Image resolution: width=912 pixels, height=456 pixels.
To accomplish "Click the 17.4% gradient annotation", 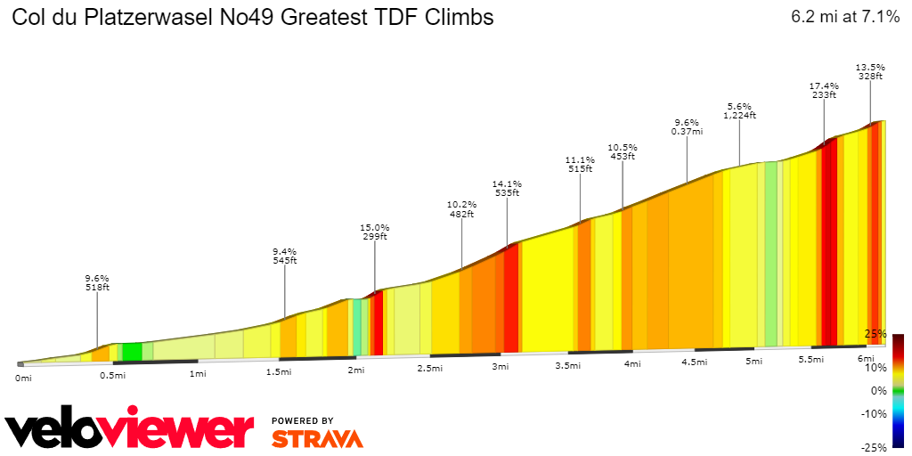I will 823,85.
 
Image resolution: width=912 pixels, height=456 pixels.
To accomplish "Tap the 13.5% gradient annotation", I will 870,67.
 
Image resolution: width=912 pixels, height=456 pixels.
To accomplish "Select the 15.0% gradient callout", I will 374,227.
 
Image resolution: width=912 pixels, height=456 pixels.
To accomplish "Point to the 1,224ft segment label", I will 739,115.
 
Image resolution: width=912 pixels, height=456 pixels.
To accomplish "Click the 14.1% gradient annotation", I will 507,183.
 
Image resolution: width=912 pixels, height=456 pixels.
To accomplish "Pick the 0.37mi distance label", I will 687,132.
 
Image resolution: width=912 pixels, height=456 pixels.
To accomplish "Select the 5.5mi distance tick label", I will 810,359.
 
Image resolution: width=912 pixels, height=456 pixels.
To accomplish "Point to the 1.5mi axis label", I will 279,371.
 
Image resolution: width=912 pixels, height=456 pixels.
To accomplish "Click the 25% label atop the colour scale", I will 875,334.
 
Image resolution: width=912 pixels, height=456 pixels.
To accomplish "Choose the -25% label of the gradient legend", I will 875,447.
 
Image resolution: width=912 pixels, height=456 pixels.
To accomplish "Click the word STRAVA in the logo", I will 317,439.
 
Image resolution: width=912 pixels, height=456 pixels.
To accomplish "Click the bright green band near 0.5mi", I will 132,352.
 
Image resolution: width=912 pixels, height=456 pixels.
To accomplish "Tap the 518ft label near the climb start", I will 97,287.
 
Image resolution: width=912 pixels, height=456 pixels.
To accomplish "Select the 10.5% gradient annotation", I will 622,147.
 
